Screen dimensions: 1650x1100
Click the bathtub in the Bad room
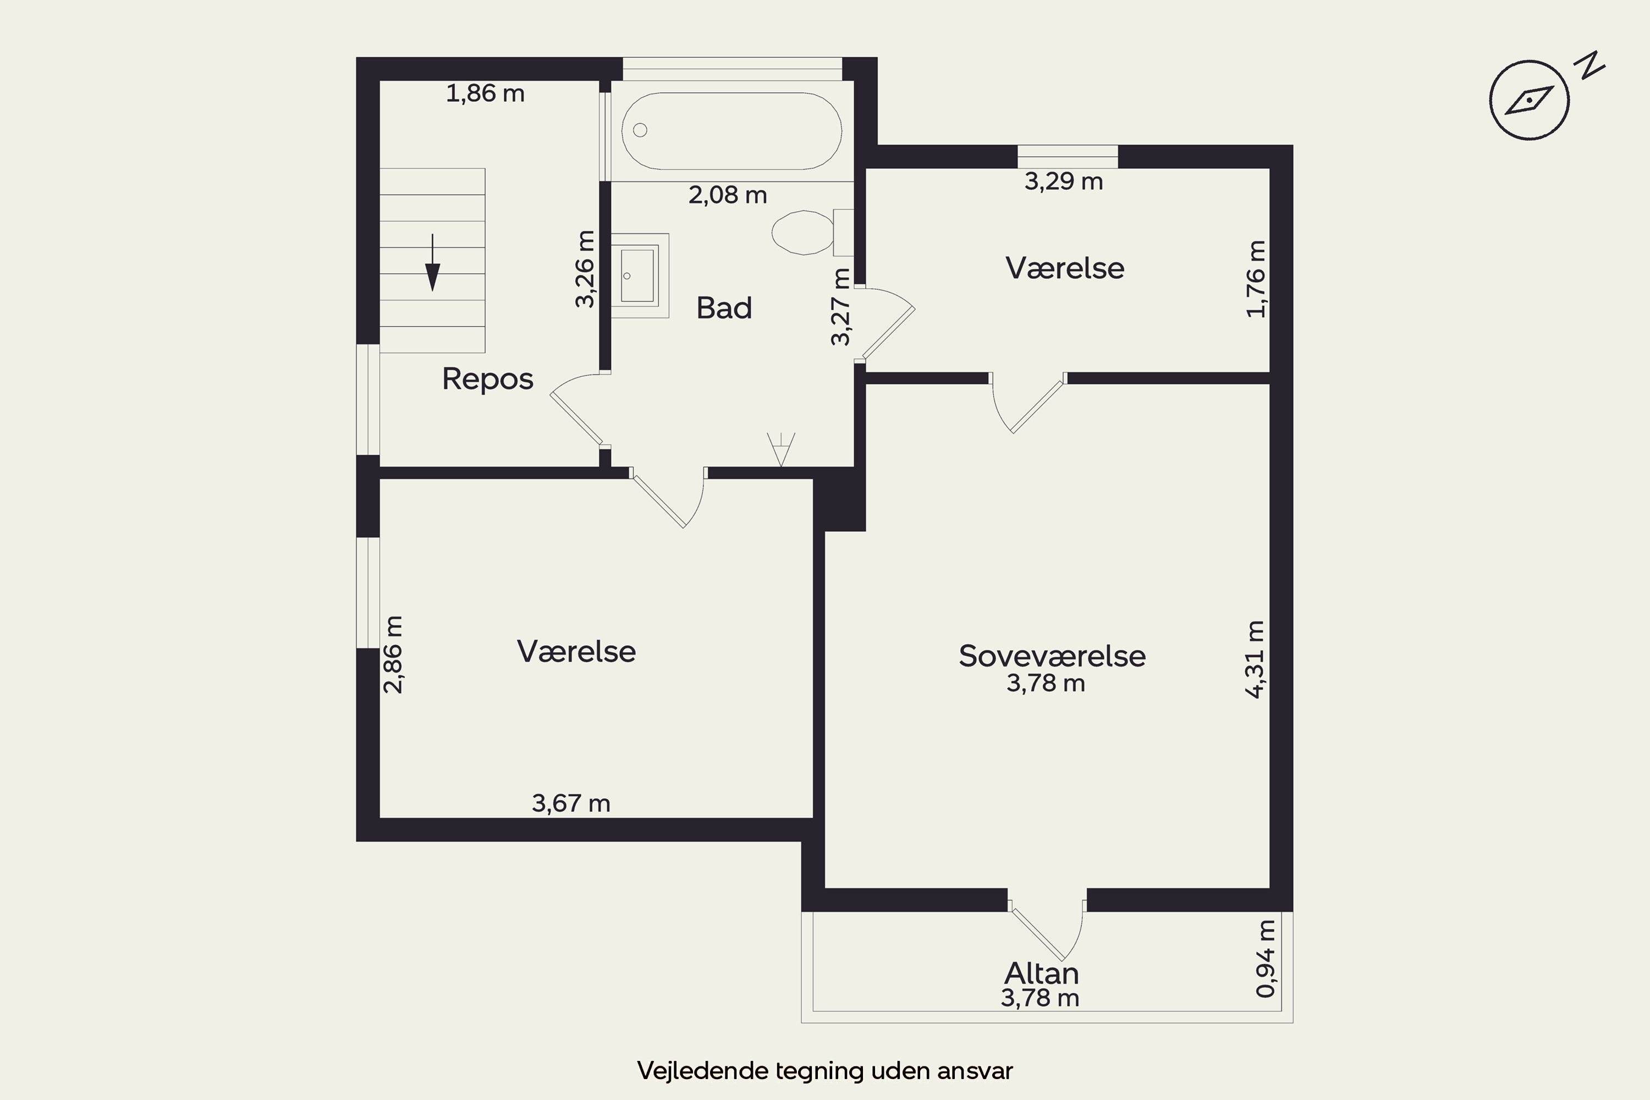[732, 130]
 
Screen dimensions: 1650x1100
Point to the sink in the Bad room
[639, 276]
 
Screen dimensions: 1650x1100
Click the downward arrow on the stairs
[433, 262]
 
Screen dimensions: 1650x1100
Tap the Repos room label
[487, 379]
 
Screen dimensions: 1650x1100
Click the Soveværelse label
[1052, 656]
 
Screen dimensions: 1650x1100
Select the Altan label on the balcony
[1041, 973]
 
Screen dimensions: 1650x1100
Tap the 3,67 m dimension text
[571, 802]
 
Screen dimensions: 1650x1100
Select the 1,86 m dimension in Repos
[486, 94]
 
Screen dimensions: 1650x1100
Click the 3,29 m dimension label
[1064, 182]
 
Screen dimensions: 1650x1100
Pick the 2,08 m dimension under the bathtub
[728, 195]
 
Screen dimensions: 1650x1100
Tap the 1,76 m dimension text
[1256, 279]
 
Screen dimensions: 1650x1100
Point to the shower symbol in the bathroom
[781, 449]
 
